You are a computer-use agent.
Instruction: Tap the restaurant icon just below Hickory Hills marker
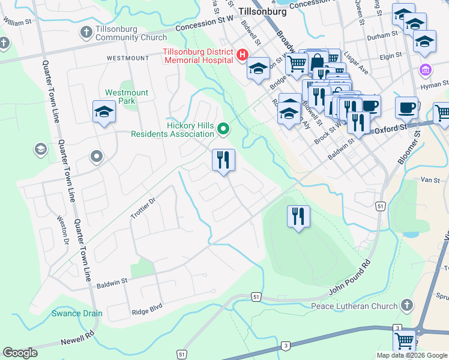[223, 160]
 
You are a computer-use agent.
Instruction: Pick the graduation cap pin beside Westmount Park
[104, 112]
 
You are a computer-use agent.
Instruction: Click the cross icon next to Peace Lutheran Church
[408, 305]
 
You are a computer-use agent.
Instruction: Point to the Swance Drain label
[76, 313]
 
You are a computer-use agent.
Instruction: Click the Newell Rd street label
[77, 337]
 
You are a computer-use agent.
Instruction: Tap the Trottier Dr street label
[143, 208]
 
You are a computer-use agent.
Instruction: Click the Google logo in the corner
[20, 353]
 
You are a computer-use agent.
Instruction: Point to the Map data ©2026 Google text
[411, 355]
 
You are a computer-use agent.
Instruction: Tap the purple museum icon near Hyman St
[426, 70]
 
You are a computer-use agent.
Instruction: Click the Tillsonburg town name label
[265, 11]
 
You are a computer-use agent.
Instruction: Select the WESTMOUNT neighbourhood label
[127, 58]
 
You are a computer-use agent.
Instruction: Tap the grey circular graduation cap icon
[41, 149]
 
